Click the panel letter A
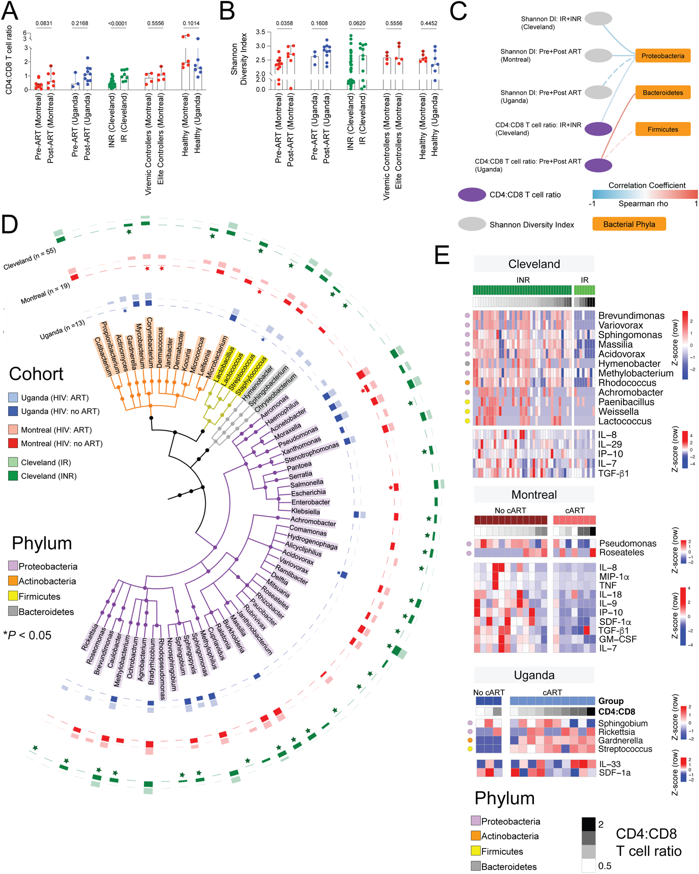coord(10,11)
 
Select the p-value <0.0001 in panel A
coord(117,23)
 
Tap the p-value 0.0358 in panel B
coord(284,23)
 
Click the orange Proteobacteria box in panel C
coord(663,56)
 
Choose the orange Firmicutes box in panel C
coord(663,129)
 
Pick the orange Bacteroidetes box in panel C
coord(663,92)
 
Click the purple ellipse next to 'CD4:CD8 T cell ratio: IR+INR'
coord(598,129)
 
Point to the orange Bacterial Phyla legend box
coord(629,224)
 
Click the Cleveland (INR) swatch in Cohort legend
coord(13,476)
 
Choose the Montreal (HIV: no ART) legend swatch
coord(13,443)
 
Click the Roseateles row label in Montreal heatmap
coord(621,553)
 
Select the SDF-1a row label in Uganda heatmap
coord(614,772)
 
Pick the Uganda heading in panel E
coord(534,675)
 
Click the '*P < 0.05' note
coord(27,635)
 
